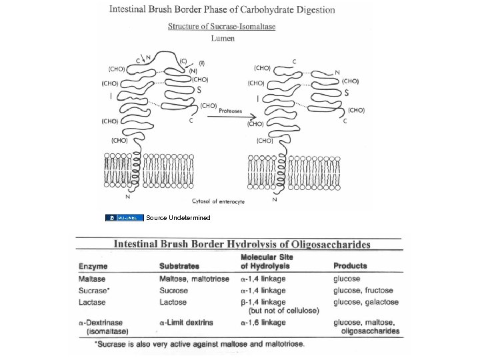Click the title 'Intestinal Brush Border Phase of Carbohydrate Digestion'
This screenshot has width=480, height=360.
222,10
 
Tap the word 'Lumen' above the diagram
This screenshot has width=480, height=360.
222,38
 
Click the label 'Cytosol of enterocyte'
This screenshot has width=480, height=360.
219,201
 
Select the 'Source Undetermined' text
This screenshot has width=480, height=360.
178,218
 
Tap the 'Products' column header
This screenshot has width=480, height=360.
351,266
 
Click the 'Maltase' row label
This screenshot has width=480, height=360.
93,279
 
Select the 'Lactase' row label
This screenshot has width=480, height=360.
93,302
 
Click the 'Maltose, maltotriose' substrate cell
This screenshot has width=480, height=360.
195,279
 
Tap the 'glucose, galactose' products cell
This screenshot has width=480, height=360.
366,302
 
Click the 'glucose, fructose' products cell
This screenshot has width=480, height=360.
363,291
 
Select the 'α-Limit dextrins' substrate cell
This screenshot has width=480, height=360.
187,323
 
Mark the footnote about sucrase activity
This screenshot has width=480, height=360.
200,344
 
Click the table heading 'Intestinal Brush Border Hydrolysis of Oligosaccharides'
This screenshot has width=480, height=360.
241,245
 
